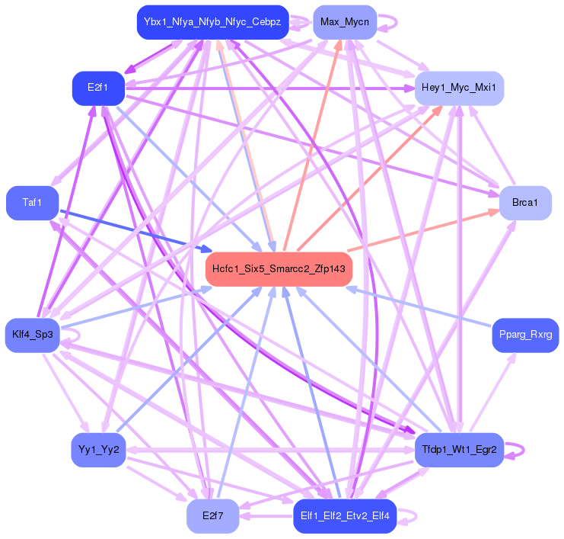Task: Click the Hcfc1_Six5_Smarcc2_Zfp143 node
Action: [x=279, y=269]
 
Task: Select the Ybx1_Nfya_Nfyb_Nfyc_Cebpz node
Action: [x=212, y=22]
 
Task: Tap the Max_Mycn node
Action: [x=344, y=22]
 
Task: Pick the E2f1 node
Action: [x=97, y=88]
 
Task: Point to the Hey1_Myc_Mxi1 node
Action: [x=458, y=88]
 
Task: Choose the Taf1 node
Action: [x=32, y=203]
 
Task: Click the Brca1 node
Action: [x=524, y=203]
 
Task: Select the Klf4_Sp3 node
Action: [x=32, y=335]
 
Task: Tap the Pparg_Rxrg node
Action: [x=525, y=335]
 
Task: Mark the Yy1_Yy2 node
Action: [x=98, y=450]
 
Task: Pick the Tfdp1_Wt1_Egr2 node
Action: [x=459, y=450]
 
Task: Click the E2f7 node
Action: [x=213, y=516]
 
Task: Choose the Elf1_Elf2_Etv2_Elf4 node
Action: [x=345, y=516]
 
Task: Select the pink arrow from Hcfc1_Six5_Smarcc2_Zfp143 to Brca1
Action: [x=426, y=231]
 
